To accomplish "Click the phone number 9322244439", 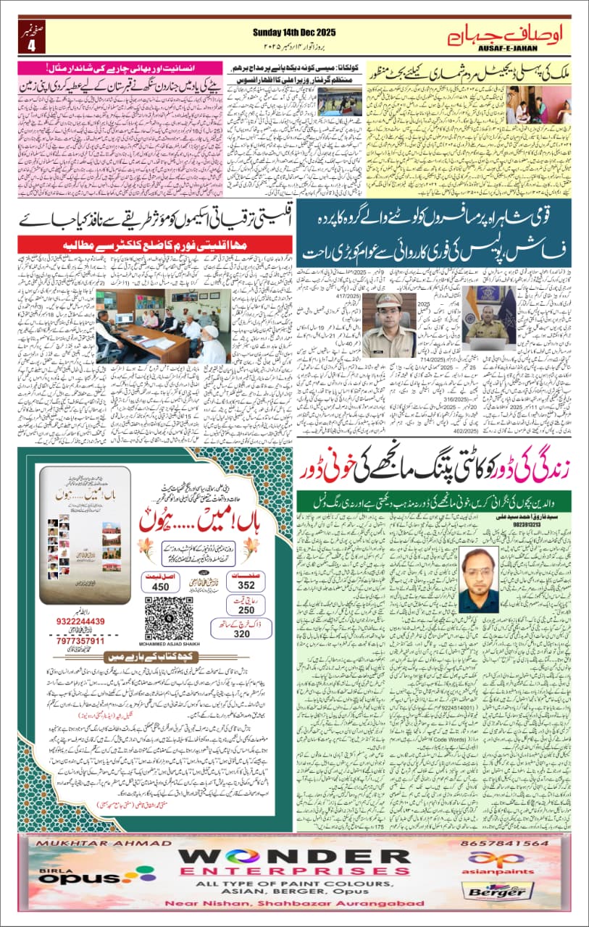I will [x=80, y=621].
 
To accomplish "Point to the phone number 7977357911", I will [x=80, y=641].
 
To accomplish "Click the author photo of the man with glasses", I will [x=478, y=579].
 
